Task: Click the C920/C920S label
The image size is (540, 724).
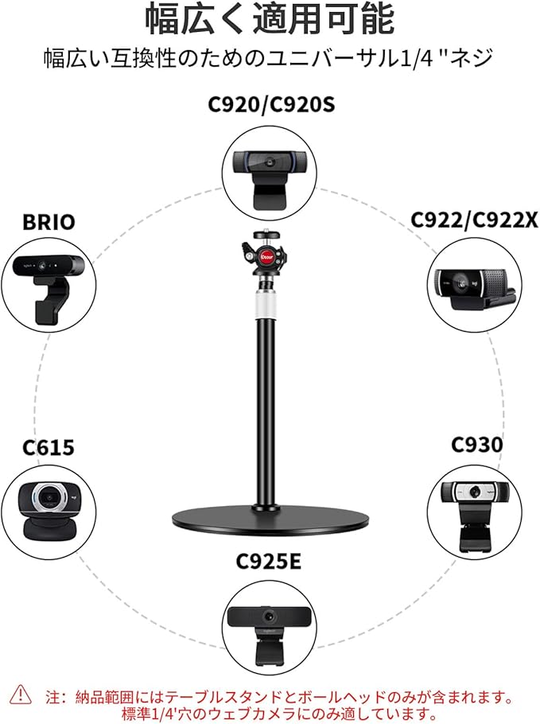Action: tap(270, 105)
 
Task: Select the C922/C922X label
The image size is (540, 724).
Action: tap(473, 220)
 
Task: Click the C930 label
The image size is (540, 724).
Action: tap(476, 444)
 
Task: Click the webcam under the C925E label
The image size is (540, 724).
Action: tap(270, 628)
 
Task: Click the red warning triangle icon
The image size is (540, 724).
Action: tap(21, 695)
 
